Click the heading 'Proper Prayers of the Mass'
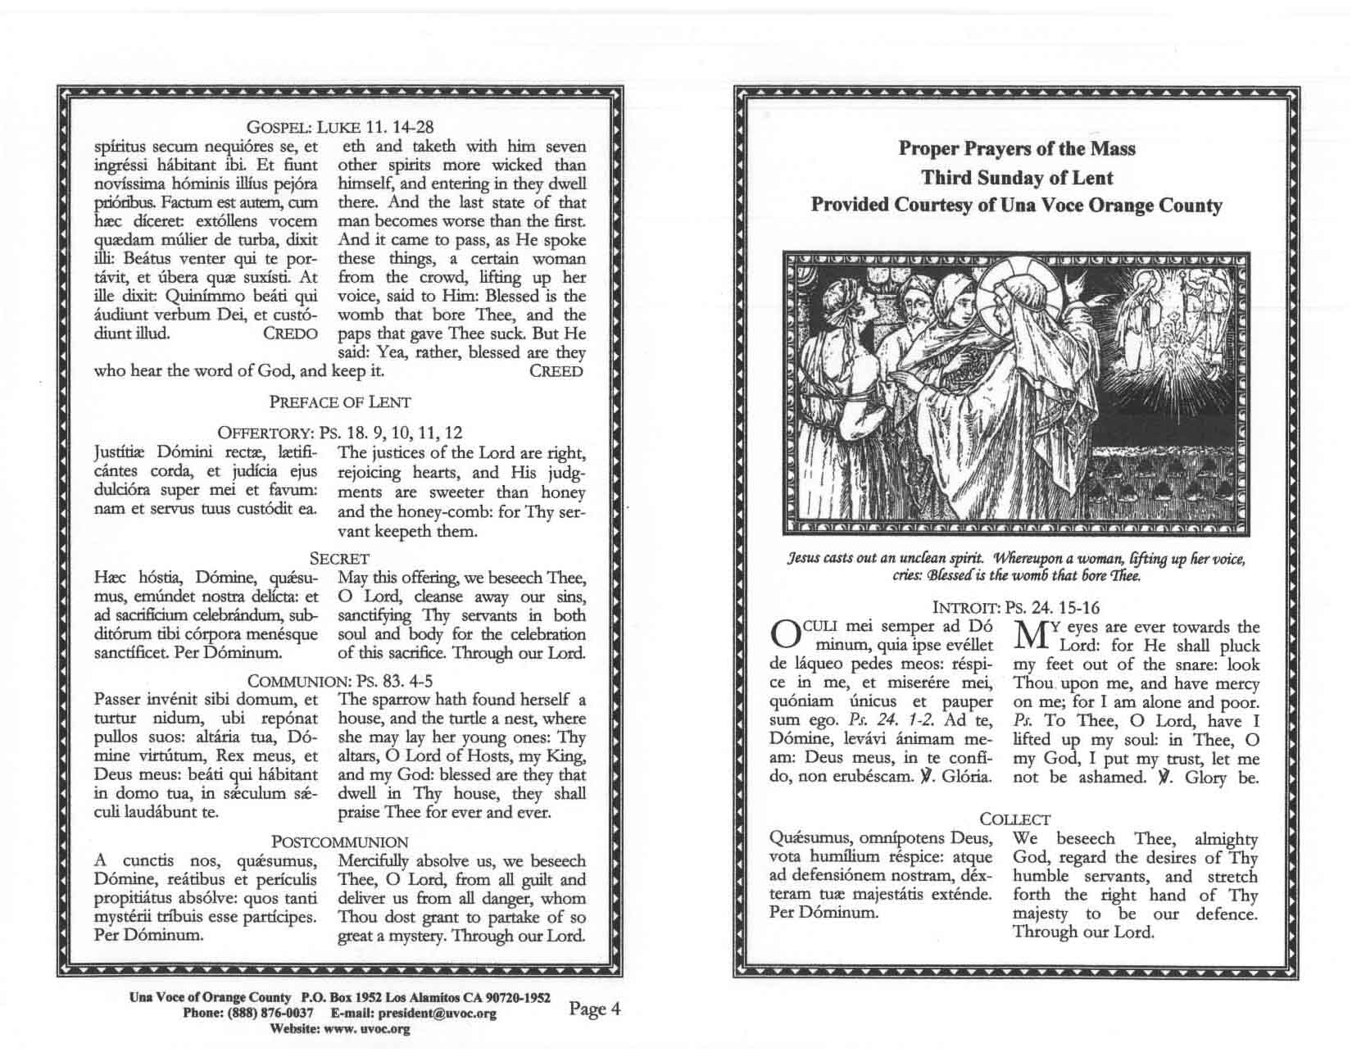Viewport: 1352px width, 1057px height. (1016, 148)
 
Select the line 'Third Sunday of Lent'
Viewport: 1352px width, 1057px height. (1016, 177)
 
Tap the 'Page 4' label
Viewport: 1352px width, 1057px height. (594, 1009)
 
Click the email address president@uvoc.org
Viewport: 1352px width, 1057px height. (438, 1014)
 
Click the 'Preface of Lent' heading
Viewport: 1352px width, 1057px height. (340, 402)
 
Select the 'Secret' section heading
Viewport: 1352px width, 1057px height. (340, 559)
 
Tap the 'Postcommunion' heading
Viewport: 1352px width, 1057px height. (340, 842)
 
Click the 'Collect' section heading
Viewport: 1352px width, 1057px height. (1015, 819)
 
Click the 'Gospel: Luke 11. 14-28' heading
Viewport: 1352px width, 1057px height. (340, 127)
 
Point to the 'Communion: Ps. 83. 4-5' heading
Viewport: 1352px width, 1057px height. (340, 681)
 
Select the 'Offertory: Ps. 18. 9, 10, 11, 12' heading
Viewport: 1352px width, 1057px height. (340, 433)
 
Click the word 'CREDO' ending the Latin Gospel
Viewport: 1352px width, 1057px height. (290, 334)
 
